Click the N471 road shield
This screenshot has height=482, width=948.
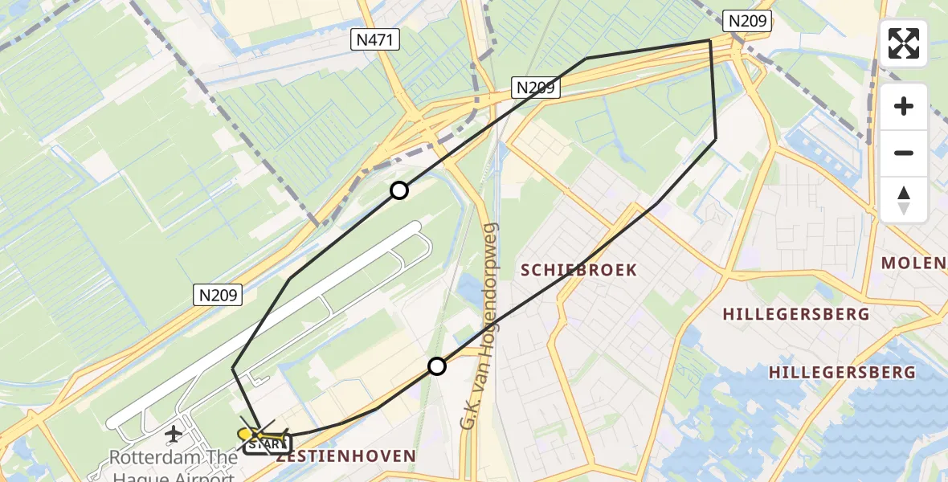(376, 39)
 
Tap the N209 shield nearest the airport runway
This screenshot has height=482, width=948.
(218, 296)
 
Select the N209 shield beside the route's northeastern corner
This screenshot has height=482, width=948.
(748, 21)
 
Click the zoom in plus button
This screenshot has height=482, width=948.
(904, 106)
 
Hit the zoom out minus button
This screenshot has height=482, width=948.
(904, 153)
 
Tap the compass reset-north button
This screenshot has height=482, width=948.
(904, 200)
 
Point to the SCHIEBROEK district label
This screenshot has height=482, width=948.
(578, 270)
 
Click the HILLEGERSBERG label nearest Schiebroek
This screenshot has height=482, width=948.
(795, 314)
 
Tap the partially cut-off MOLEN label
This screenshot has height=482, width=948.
(913, 263)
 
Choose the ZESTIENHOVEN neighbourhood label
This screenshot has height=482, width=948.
(345, 456)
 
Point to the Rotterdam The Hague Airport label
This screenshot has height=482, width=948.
(174, 465)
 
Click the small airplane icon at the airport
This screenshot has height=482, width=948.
(173, 435)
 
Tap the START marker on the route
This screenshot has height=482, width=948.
(268, 443)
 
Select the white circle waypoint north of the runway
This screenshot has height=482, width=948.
(399, 190)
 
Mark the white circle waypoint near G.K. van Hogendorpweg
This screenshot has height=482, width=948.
(436, 366)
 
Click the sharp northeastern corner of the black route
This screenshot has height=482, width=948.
(709, 40)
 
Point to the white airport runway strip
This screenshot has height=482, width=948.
(265, 321)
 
